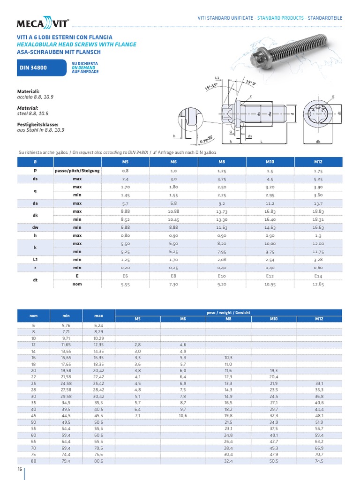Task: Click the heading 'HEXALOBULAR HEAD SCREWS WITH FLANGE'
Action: pos(77,45)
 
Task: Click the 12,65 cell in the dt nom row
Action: pos(318,284)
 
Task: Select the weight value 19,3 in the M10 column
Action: pos(274,370)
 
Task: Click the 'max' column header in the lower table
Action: pos(98,315)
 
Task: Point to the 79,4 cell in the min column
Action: pos(66,462)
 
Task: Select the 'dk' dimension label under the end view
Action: pos(317,141)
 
